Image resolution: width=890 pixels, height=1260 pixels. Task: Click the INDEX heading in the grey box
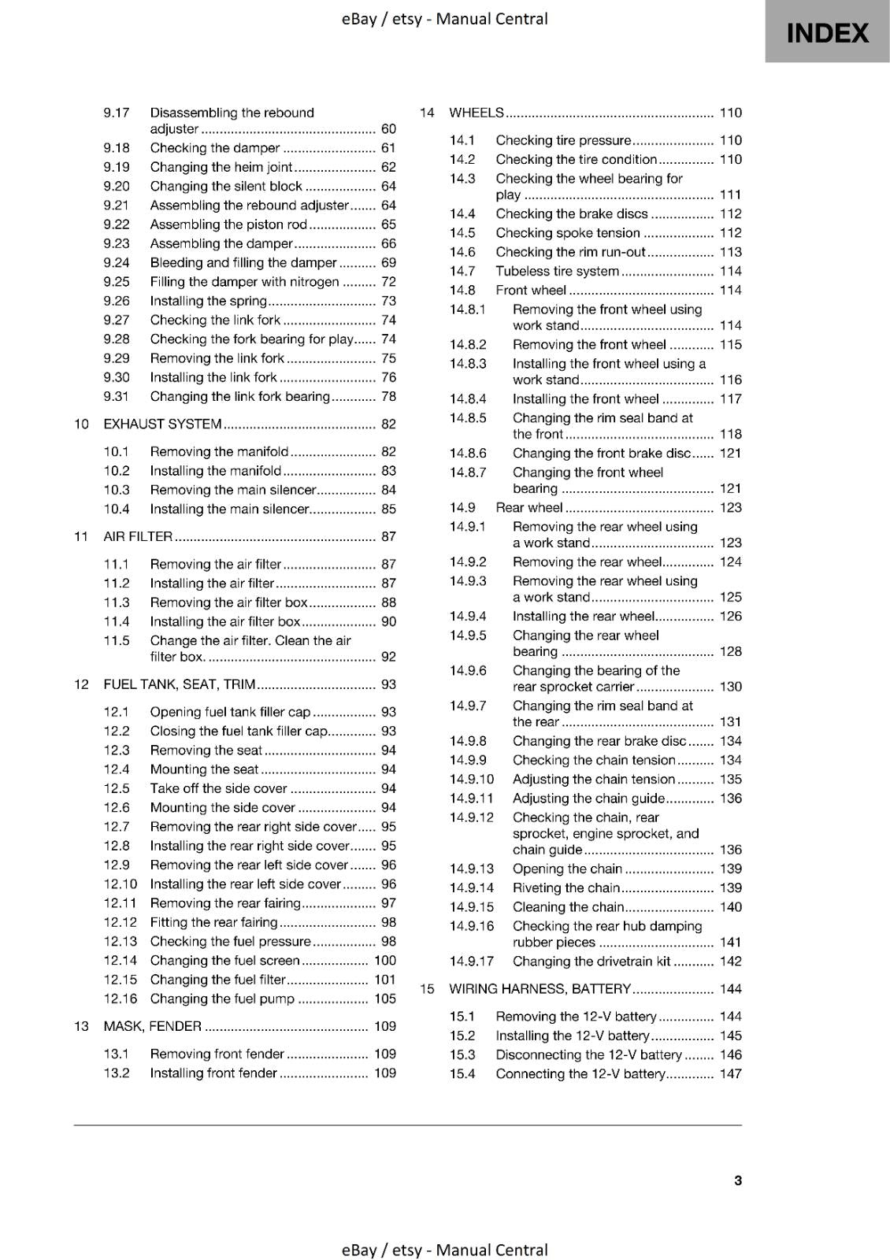827,33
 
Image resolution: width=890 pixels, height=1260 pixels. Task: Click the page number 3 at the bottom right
737,1180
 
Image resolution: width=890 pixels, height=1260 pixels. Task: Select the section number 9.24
117,263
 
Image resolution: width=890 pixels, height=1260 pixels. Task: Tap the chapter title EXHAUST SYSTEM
162,424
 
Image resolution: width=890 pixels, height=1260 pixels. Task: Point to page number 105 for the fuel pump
385,999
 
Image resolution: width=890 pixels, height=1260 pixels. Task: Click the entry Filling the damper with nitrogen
244,282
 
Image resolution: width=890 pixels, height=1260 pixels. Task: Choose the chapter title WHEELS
476,113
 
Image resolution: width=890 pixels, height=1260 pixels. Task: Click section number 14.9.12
472,817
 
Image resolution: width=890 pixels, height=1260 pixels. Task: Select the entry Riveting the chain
566,888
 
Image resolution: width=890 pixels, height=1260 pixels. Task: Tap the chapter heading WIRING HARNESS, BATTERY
540,989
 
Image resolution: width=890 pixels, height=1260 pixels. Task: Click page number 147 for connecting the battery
730,1074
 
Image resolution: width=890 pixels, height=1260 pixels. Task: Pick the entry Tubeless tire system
557,272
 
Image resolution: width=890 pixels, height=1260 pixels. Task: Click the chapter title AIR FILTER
138,537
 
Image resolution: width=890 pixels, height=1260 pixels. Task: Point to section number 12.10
121,884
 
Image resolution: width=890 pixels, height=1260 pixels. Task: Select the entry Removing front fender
217,1054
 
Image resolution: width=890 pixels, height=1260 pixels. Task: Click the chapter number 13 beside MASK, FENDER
81,1027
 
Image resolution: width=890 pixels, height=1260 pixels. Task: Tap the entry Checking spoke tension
567,233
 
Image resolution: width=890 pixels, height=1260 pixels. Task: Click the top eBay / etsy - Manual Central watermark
444,19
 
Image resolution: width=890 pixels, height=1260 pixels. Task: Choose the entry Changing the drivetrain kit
591,962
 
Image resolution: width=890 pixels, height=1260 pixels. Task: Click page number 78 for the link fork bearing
388,397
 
